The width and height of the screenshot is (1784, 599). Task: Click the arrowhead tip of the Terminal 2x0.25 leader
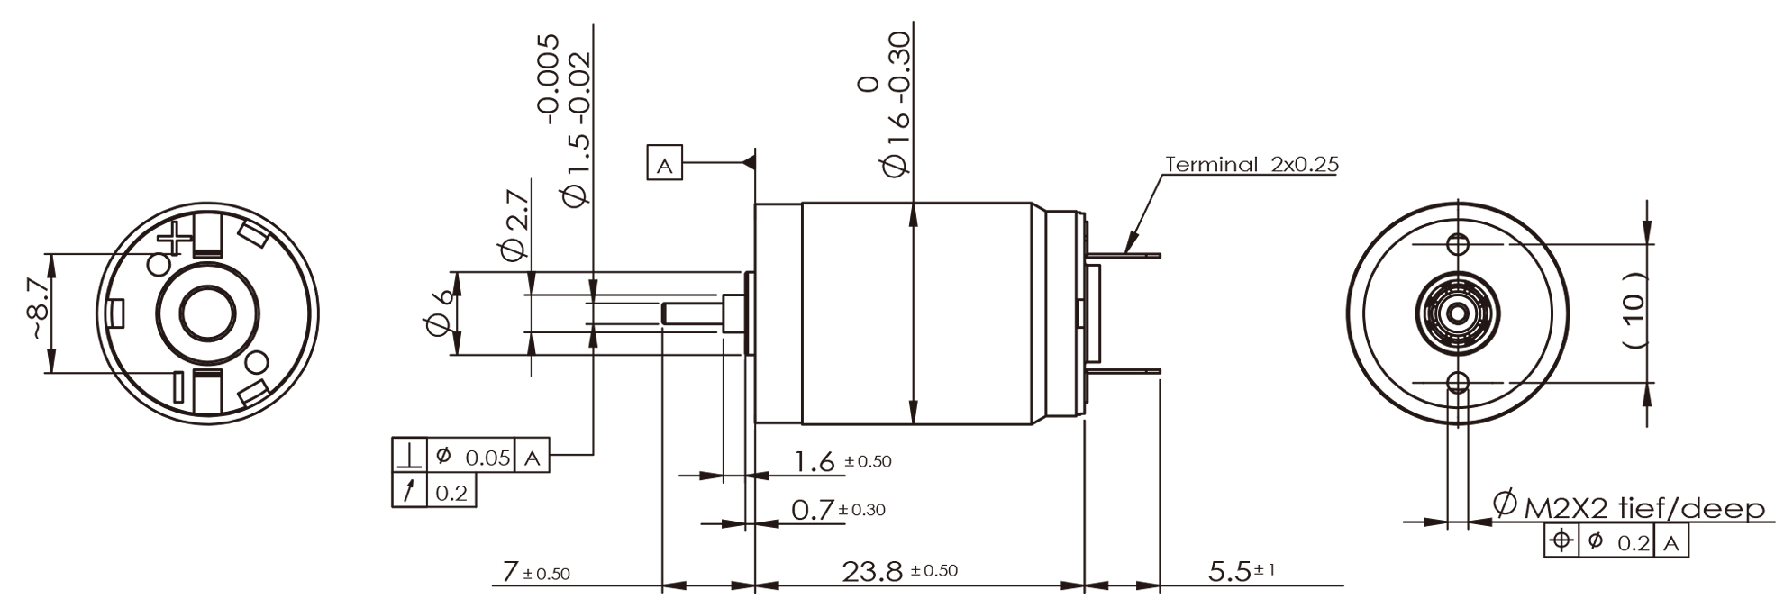click(x=1125, y=251)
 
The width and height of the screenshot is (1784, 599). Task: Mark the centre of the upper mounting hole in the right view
click(x=1456, y=244)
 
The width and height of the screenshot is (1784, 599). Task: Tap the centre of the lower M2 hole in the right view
click(x=1456, y=382)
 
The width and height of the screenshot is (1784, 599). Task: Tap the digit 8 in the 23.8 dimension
click(x=889, y=571)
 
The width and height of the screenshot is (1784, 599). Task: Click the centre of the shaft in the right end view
click(x=1456, y=314)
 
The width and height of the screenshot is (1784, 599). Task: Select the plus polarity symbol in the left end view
click(x=175, y=240)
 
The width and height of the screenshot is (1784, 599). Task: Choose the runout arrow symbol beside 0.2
click(x=409, y=491)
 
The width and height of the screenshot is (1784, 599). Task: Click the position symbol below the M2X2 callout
click(x=1561, y=541)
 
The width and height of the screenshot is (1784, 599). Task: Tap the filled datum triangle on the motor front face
click(x=749, y=163)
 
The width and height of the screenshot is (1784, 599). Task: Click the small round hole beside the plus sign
click(x=159, y=264)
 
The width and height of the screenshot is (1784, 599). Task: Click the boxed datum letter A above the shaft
click(x=665, y=165)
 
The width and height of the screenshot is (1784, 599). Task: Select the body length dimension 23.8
click(x=872, y=571)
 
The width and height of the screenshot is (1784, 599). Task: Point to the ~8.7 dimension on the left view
click(x=37, y=309)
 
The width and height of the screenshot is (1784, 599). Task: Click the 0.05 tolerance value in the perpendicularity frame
click(x=487, y=458)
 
